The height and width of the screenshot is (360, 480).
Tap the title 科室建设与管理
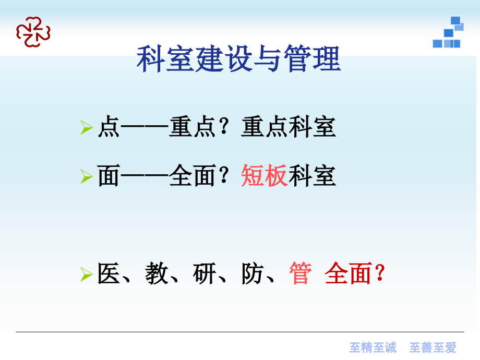(x=238, y=59)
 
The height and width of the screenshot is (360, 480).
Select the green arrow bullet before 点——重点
(x=87, y=127)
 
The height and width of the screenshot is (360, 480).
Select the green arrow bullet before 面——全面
(x=87, y=177)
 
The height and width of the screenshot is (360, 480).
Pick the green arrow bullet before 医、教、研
(x=87, y=274)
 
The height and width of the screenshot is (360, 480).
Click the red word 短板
(x=265, y=176)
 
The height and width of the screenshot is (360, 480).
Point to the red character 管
(x=301, y=274)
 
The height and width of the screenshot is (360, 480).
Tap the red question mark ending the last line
(x=380, y=274)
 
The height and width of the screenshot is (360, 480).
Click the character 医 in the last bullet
(x=109, y=274)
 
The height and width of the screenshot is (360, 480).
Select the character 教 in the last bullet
(x=157, y=274)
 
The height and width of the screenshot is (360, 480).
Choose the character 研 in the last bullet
(x=205, y=274)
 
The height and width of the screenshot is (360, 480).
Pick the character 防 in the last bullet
(x=253, y=274)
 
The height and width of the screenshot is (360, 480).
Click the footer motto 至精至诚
(x=373, y=347)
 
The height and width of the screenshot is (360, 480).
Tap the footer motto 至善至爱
(x=433, y=347)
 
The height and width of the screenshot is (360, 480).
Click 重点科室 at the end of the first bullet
(x=289, y=127)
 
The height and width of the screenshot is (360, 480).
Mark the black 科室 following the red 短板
(x=313, y=176)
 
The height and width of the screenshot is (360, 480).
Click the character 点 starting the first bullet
(x=109, y=127)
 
